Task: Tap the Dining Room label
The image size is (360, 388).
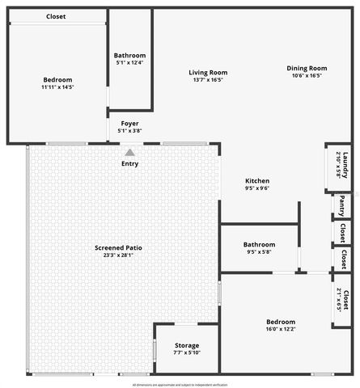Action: [x=306, y=68]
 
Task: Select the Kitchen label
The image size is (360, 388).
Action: [x=257, y=180]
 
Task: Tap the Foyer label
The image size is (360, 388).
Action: [x=129, y=123]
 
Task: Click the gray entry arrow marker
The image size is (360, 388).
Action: [x=129, y=151]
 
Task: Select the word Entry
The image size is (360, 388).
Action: [x=129, y=163]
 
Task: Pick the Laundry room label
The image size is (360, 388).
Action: [x=345, y=165]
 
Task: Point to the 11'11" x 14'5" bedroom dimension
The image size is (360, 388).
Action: [x=57, y=87]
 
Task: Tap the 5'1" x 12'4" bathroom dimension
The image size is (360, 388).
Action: [x=130, y=62]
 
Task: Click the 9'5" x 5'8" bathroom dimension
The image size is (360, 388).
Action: [x=259, y=252]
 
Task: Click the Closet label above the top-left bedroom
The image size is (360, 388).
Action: [x=56, y=16]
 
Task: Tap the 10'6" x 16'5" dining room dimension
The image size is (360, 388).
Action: [x=306, y=76]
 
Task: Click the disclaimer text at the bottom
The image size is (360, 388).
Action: [x=180, y=385]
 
